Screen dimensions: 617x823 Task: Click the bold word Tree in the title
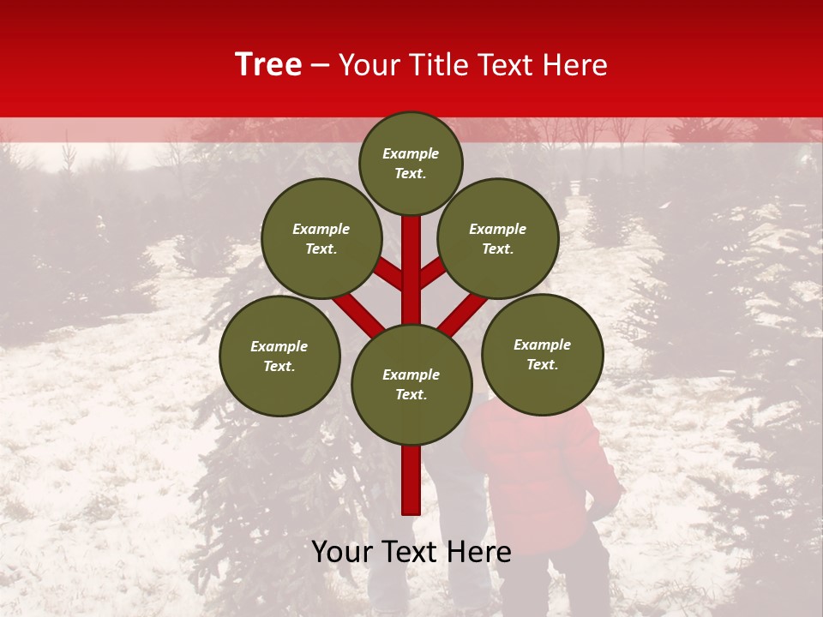click(268, 65)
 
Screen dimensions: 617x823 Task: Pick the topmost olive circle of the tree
click(411, 163)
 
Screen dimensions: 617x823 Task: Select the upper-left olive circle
click(321, 238)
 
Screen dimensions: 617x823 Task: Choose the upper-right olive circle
click(497, 238)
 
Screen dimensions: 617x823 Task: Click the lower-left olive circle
click(279, 356)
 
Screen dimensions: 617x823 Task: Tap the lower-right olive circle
click(542, 354)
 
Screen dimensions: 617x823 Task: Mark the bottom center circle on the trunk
click(411, 384)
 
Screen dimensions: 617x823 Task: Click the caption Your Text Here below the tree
click(411, 552)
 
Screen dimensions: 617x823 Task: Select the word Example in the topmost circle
click(411, 154)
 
